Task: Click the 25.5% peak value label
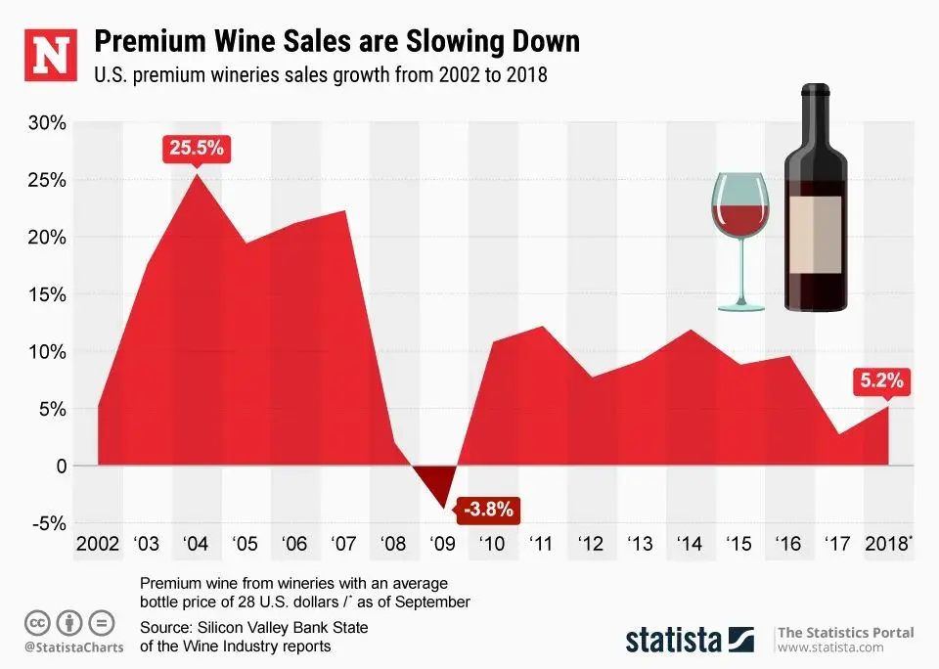point(197,150)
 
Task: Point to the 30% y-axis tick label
point(46,123)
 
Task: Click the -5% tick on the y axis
point(49,523)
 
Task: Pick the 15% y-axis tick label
point(46,294)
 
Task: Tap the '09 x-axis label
point(442,544)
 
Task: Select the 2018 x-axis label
point(886,544)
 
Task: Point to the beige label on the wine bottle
point(815,235)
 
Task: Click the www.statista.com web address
point(830,647)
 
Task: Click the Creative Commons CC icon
point(37,621)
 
